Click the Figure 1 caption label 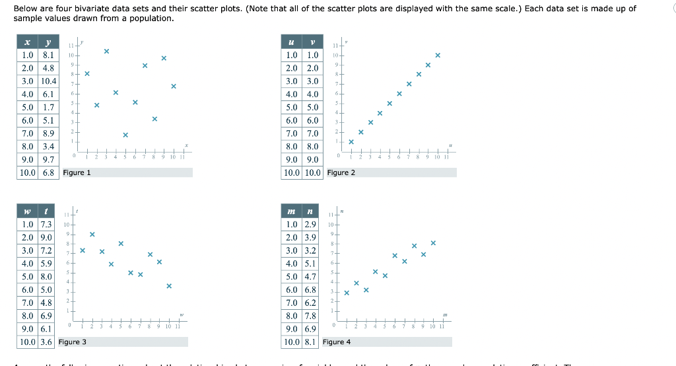point(77,172)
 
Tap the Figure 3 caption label point(73,342)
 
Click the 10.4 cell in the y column point(48,81)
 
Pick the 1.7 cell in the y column point(48,107)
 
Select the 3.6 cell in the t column point(46,342)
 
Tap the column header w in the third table point(26,211)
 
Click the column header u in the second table point(291,42)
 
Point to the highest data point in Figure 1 point(106,51)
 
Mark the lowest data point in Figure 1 point(125,135)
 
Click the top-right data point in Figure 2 point(438,55)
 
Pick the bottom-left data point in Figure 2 point(351,141)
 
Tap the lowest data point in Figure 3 point(169,286)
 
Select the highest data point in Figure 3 point(92,235)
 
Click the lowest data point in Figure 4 point(347,293)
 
